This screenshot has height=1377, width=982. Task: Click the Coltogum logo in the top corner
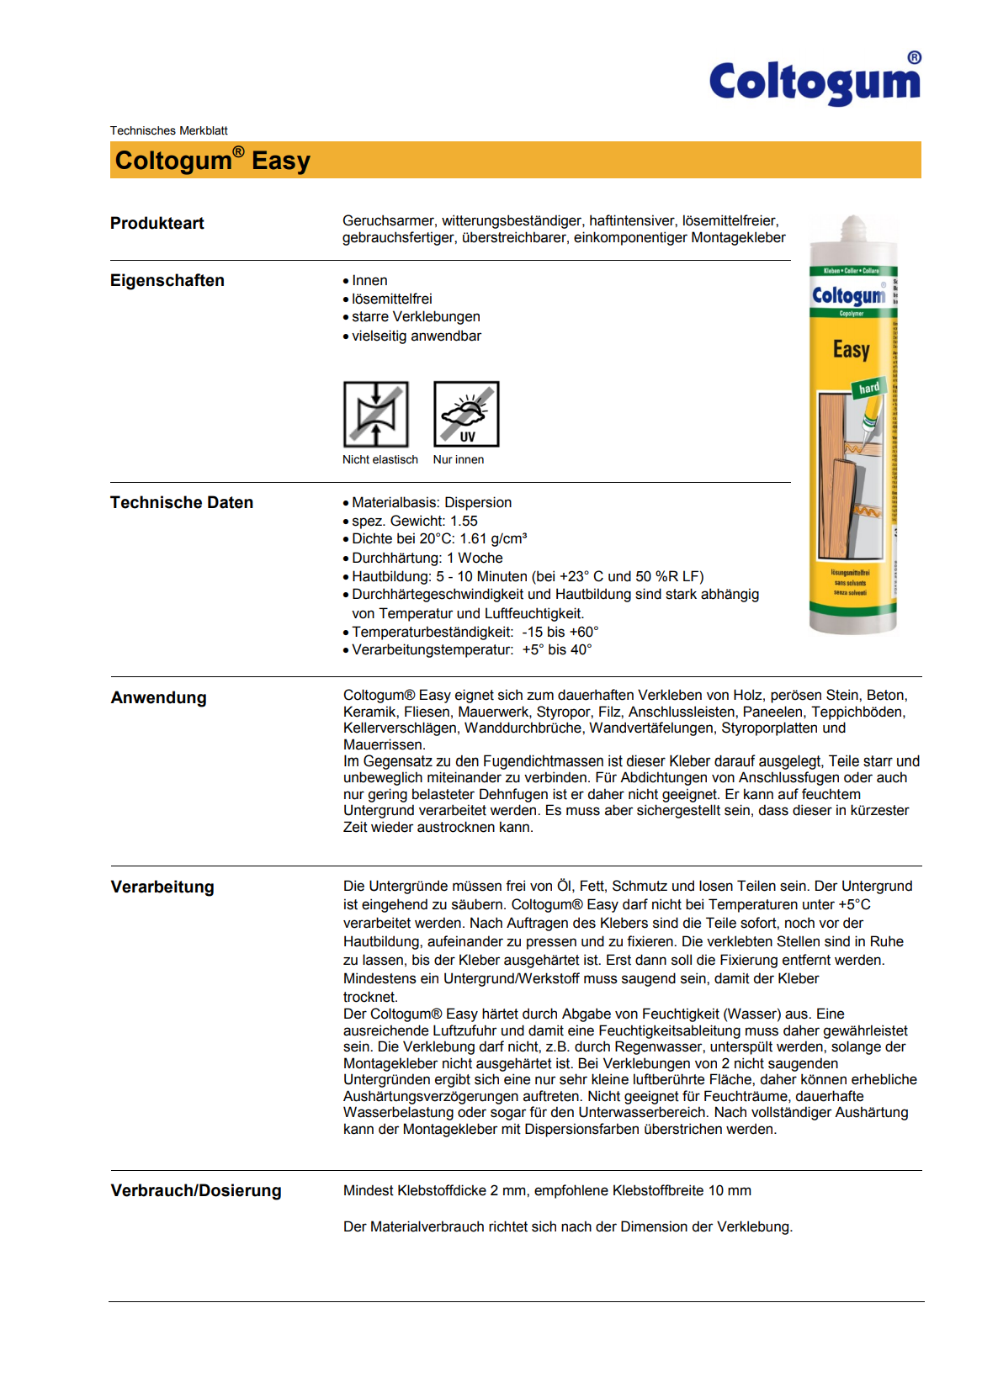click(x=815, y=82)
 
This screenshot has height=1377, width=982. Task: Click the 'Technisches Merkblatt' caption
click(x=168, y=130)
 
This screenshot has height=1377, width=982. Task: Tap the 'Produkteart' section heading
click(x=157, y=223)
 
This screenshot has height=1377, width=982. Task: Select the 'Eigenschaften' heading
click(x=167, y=280)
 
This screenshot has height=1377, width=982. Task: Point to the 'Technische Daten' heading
click(x=182, y=502)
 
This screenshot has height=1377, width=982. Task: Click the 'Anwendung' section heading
click(x=159, y=697)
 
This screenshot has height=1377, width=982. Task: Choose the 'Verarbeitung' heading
click(x=162, y=887)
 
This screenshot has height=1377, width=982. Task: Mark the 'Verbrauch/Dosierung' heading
click(x=196, y=1190)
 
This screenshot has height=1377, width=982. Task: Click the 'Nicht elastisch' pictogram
click(x=376, y=414)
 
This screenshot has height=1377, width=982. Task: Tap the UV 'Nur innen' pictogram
click(x=466, y=414)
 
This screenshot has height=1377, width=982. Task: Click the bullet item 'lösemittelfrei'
click(x=392, y=299)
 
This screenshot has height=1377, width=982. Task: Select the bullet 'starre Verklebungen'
click(x=416, y=316)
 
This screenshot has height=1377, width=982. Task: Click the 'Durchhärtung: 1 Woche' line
click(x=427, y=558)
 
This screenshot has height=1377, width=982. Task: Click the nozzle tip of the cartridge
click(x=853, y=222)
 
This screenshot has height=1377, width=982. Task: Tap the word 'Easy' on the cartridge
click(x=852, y=349)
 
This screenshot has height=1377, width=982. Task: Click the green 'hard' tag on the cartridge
click(x=868, y=388)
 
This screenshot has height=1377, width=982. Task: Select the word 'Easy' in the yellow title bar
click(x=281, y=161)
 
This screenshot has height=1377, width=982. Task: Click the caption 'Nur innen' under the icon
click(x=459, y=459)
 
